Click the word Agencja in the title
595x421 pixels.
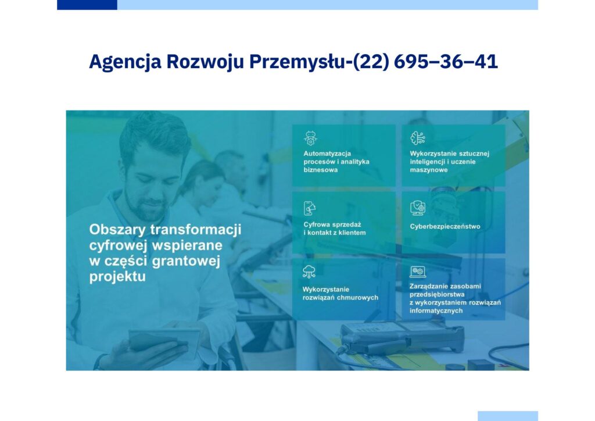[126, 62]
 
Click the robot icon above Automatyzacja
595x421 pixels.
[310, 138]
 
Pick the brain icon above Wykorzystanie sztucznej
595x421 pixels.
[417, 138]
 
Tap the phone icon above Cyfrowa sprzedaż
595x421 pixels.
[310, 208]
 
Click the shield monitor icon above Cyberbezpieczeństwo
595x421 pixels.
[417, 208]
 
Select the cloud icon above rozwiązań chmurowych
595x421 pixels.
[309, 272]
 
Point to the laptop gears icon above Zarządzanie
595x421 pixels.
[417, 272]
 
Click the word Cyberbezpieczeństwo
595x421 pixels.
[445, 227]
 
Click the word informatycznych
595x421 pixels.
[436, 311]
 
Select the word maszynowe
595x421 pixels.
[428, 170]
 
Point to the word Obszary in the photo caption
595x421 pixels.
[117, 230]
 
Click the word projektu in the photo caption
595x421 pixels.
[117, 276]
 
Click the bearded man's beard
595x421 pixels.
[146, 207]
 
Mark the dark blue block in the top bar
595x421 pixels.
[87, 5]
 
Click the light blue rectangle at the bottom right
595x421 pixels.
[508, 416]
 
